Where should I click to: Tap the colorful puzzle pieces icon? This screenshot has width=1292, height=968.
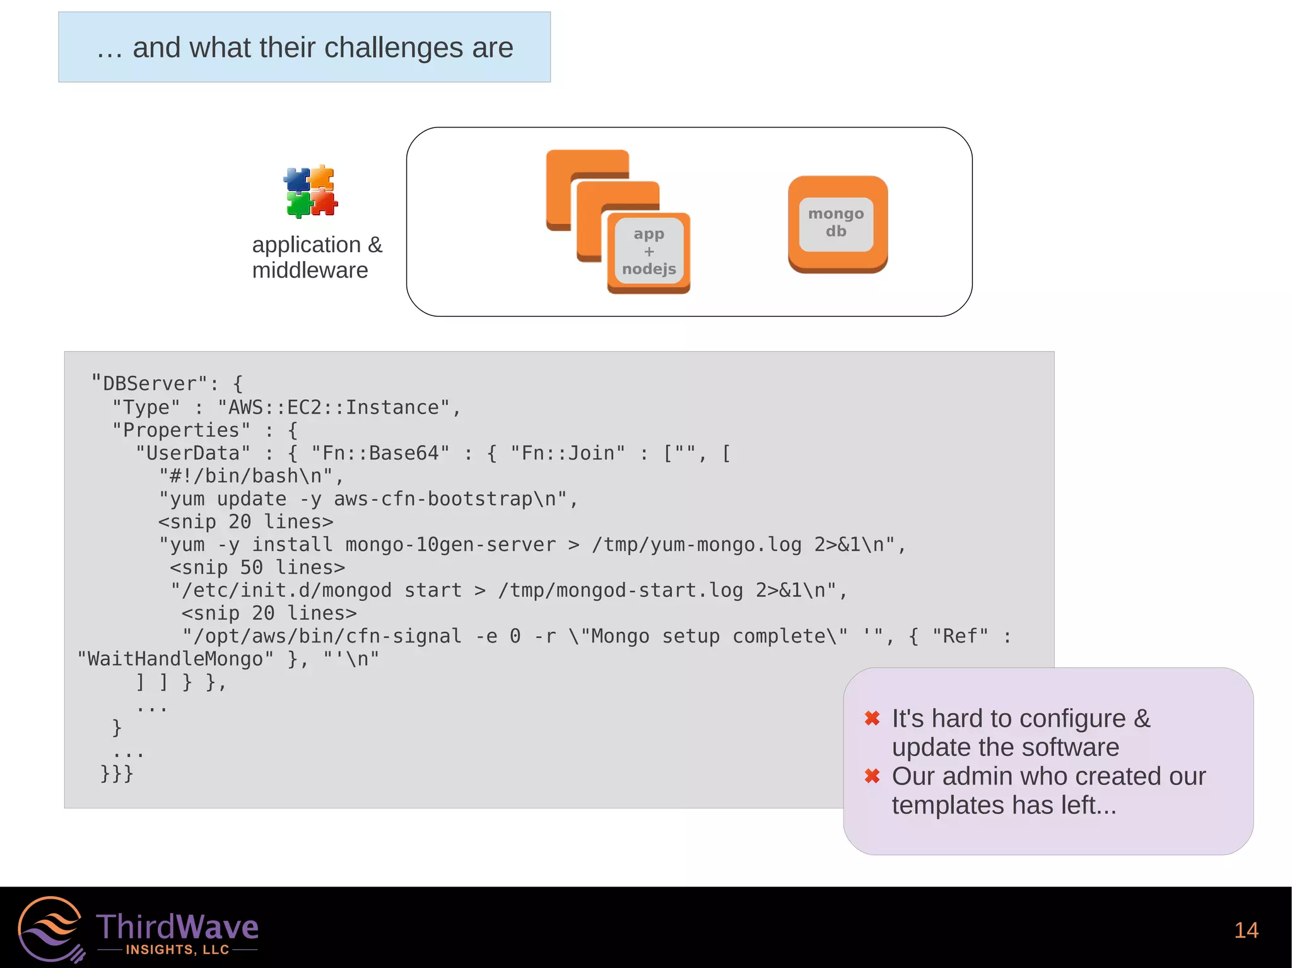tap(310, 192)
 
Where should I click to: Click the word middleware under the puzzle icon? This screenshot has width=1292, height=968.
tap(310, 271)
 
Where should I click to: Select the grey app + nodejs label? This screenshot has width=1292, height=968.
tap(649, 252)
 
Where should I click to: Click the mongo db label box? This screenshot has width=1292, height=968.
tap(836, 223)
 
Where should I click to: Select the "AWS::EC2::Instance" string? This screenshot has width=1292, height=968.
tap(334, 407)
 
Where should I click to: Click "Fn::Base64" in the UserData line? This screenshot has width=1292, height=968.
tap(380, 453)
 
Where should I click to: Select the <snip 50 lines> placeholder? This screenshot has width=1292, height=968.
tap(257, 568)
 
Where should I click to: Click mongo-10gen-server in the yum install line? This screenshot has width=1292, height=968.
tap(450, 545)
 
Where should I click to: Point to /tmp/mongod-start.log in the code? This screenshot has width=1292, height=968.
tap(620, 591)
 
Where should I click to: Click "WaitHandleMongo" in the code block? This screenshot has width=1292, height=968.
tap(175, 659)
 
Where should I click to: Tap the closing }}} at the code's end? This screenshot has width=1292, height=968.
tap(117, 774)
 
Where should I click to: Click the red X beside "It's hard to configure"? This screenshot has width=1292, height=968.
tap(872, 718)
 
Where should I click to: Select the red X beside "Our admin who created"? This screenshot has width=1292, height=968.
tap(872, 776)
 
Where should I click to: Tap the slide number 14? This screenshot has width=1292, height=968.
tap(1246, 931)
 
